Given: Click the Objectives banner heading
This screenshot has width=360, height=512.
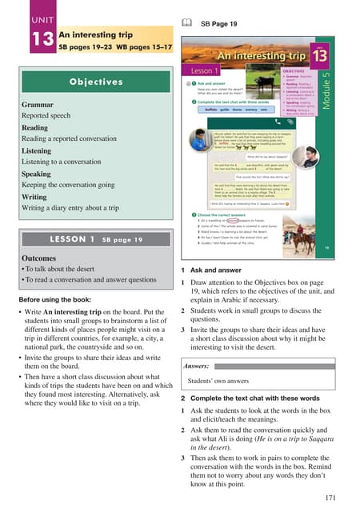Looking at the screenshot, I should pos(95,82).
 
